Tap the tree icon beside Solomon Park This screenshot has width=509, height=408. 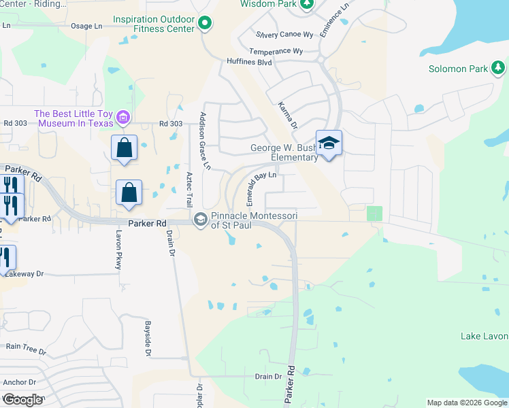point(499,67)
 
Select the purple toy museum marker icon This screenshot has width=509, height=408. point(123,118)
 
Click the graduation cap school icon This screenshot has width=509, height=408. point(329,143)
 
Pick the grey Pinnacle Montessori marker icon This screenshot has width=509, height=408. point(201,220)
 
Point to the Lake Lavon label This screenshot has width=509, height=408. point(484,337)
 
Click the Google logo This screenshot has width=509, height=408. point(22,400)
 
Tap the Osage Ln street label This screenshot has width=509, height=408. point(86,27)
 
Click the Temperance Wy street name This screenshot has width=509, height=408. point(276,51)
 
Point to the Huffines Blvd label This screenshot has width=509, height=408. point(250,63)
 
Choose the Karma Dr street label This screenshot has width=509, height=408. point(288,116)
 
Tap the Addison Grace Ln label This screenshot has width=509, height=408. point(204,141)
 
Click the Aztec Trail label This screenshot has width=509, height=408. point(190,190)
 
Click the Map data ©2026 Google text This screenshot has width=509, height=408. point(467,403)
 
